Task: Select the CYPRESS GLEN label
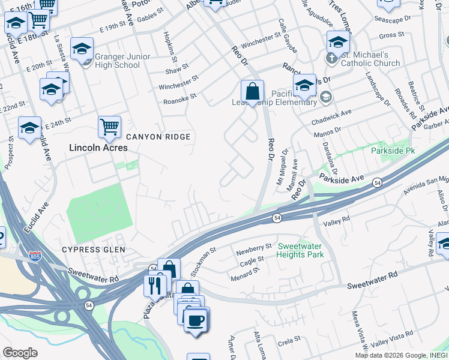(x=94, y=249)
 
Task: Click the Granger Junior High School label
(x=118, y=61)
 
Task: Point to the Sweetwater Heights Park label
(x=300, y=251)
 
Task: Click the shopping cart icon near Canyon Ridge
(x=109, y=127)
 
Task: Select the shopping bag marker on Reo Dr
(x=252, y=92)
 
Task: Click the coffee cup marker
(x=194, y=319)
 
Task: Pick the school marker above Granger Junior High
(x=82, y=47)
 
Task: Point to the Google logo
(x=20, y=353)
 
